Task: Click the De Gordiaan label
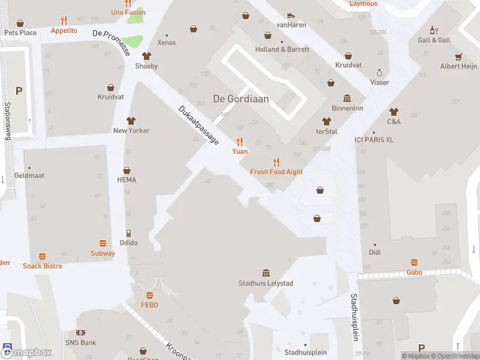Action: [241, 99]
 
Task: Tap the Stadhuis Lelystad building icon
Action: [266, 273]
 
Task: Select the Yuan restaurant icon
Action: [240, 142]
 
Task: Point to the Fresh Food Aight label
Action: [276, 172]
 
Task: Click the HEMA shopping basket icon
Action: [127, 170]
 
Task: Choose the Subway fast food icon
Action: [103, 244]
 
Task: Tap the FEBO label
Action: [149, 305]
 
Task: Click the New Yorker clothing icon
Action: [131, 121]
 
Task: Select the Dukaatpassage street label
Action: [199, 125]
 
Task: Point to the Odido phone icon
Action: [128, 233]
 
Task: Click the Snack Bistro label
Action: [42, 266]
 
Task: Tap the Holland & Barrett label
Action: [282, 50]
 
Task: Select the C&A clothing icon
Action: [394, 112]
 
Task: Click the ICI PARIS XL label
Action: [374, 140]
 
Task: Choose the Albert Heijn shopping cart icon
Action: [458, 57]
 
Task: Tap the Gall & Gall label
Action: [434, 40]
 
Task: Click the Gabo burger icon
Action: [414, 262]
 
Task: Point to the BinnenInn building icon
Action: [347, 98]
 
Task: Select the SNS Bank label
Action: [80, 343]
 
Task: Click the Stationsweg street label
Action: [8, 121]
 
